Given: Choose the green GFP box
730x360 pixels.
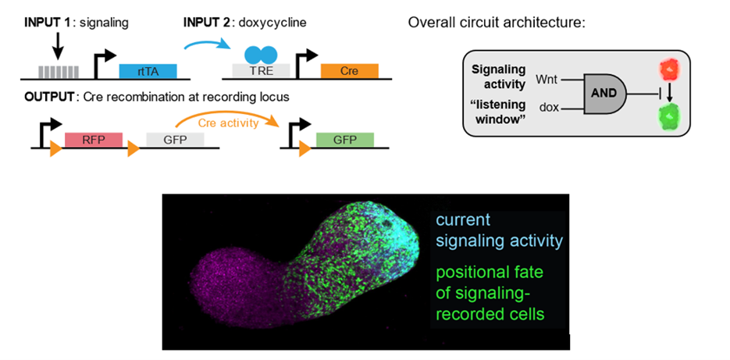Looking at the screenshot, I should point(344,141).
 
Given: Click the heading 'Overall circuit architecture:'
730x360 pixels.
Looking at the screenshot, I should point(497,22).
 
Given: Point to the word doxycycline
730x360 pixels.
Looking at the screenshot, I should point(274,22).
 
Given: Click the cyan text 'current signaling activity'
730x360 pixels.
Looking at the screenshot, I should point(498,230).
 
